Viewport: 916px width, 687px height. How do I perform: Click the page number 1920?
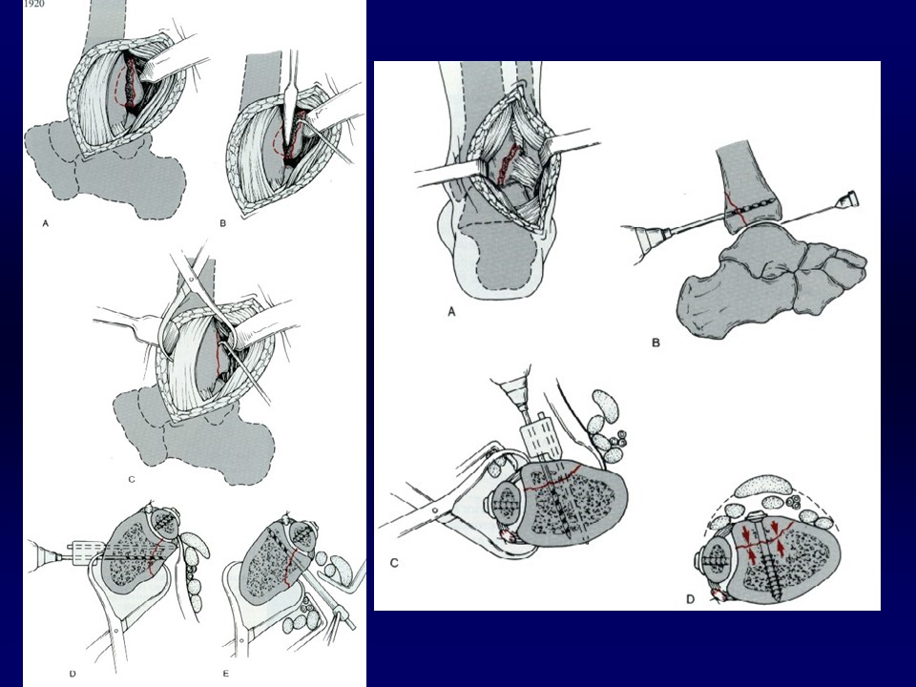tap(35, 4)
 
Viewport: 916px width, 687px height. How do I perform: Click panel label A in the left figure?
tap(46, 223)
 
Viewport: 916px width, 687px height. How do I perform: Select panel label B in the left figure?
tap(222, 223)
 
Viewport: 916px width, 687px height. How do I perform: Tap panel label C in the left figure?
tap(132, 480)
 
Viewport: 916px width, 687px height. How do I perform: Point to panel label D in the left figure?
tap(73, 674)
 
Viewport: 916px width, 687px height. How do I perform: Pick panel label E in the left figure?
tap(226, 674)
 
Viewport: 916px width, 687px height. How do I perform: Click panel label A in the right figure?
tap(451, 313)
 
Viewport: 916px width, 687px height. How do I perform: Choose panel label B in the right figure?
tap(656, 343)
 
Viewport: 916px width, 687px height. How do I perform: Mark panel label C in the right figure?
tap(394, 563)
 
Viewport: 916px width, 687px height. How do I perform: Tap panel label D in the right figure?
tap(690, 599)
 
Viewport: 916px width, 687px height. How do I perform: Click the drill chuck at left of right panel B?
tap(649, 239)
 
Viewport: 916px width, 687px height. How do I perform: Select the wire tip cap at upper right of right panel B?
tap(849, 200)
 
